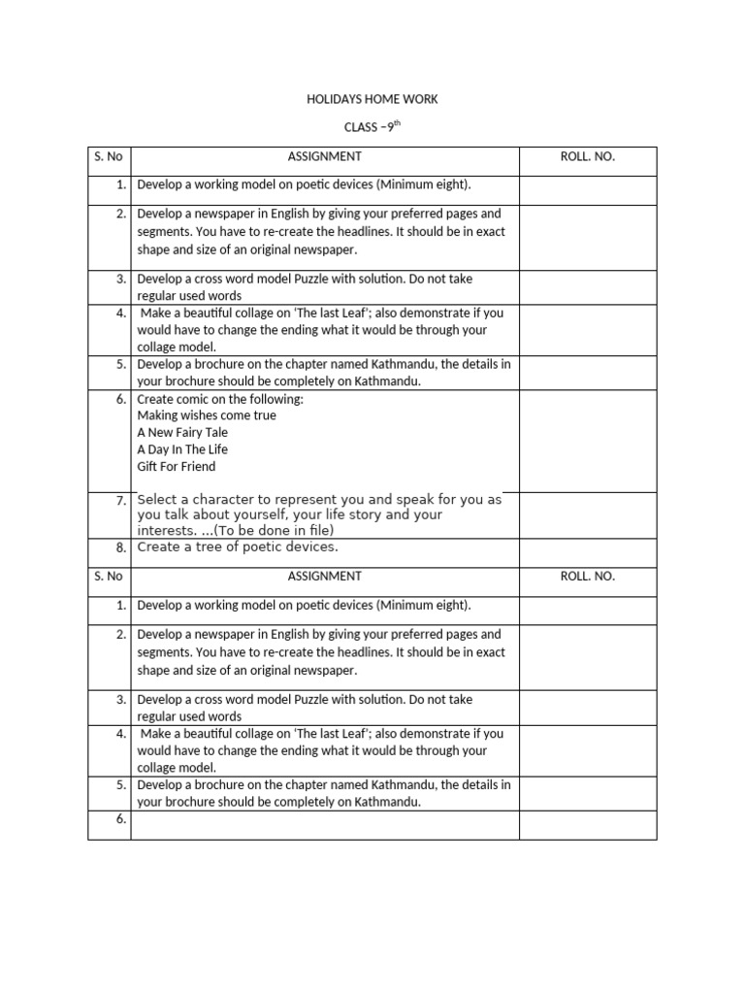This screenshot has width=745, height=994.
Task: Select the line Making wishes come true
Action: pos(207,415)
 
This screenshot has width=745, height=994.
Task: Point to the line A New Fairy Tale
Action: pos(183,433)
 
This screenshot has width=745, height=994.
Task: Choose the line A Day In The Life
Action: pos(182,450)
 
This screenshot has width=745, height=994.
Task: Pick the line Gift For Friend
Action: pos(177,467)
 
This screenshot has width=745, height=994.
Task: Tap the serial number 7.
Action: pos(121,500)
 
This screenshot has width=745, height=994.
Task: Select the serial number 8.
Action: pos(121,547)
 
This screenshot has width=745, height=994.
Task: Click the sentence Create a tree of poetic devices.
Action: pos(238,547)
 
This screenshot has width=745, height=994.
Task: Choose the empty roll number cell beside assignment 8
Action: pos(588,551)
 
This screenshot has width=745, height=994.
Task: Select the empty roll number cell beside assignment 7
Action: pos(588,514)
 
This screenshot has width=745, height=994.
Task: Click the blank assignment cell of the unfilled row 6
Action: pos(325,825)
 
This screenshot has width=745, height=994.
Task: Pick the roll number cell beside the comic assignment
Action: pos(588,441)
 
